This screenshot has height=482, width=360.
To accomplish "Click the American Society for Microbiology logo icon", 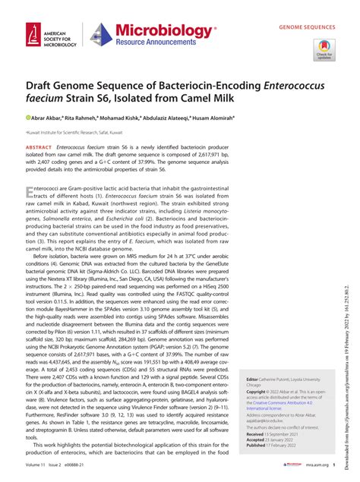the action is pos(31,33).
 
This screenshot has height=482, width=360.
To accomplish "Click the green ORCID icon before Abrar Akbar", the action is pos(28,118).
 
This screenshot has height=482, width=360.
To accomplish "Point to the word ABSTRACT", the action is pos(39,146).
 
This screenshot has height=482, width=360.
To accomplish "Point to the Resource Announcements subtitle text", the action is pos(161,44).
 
